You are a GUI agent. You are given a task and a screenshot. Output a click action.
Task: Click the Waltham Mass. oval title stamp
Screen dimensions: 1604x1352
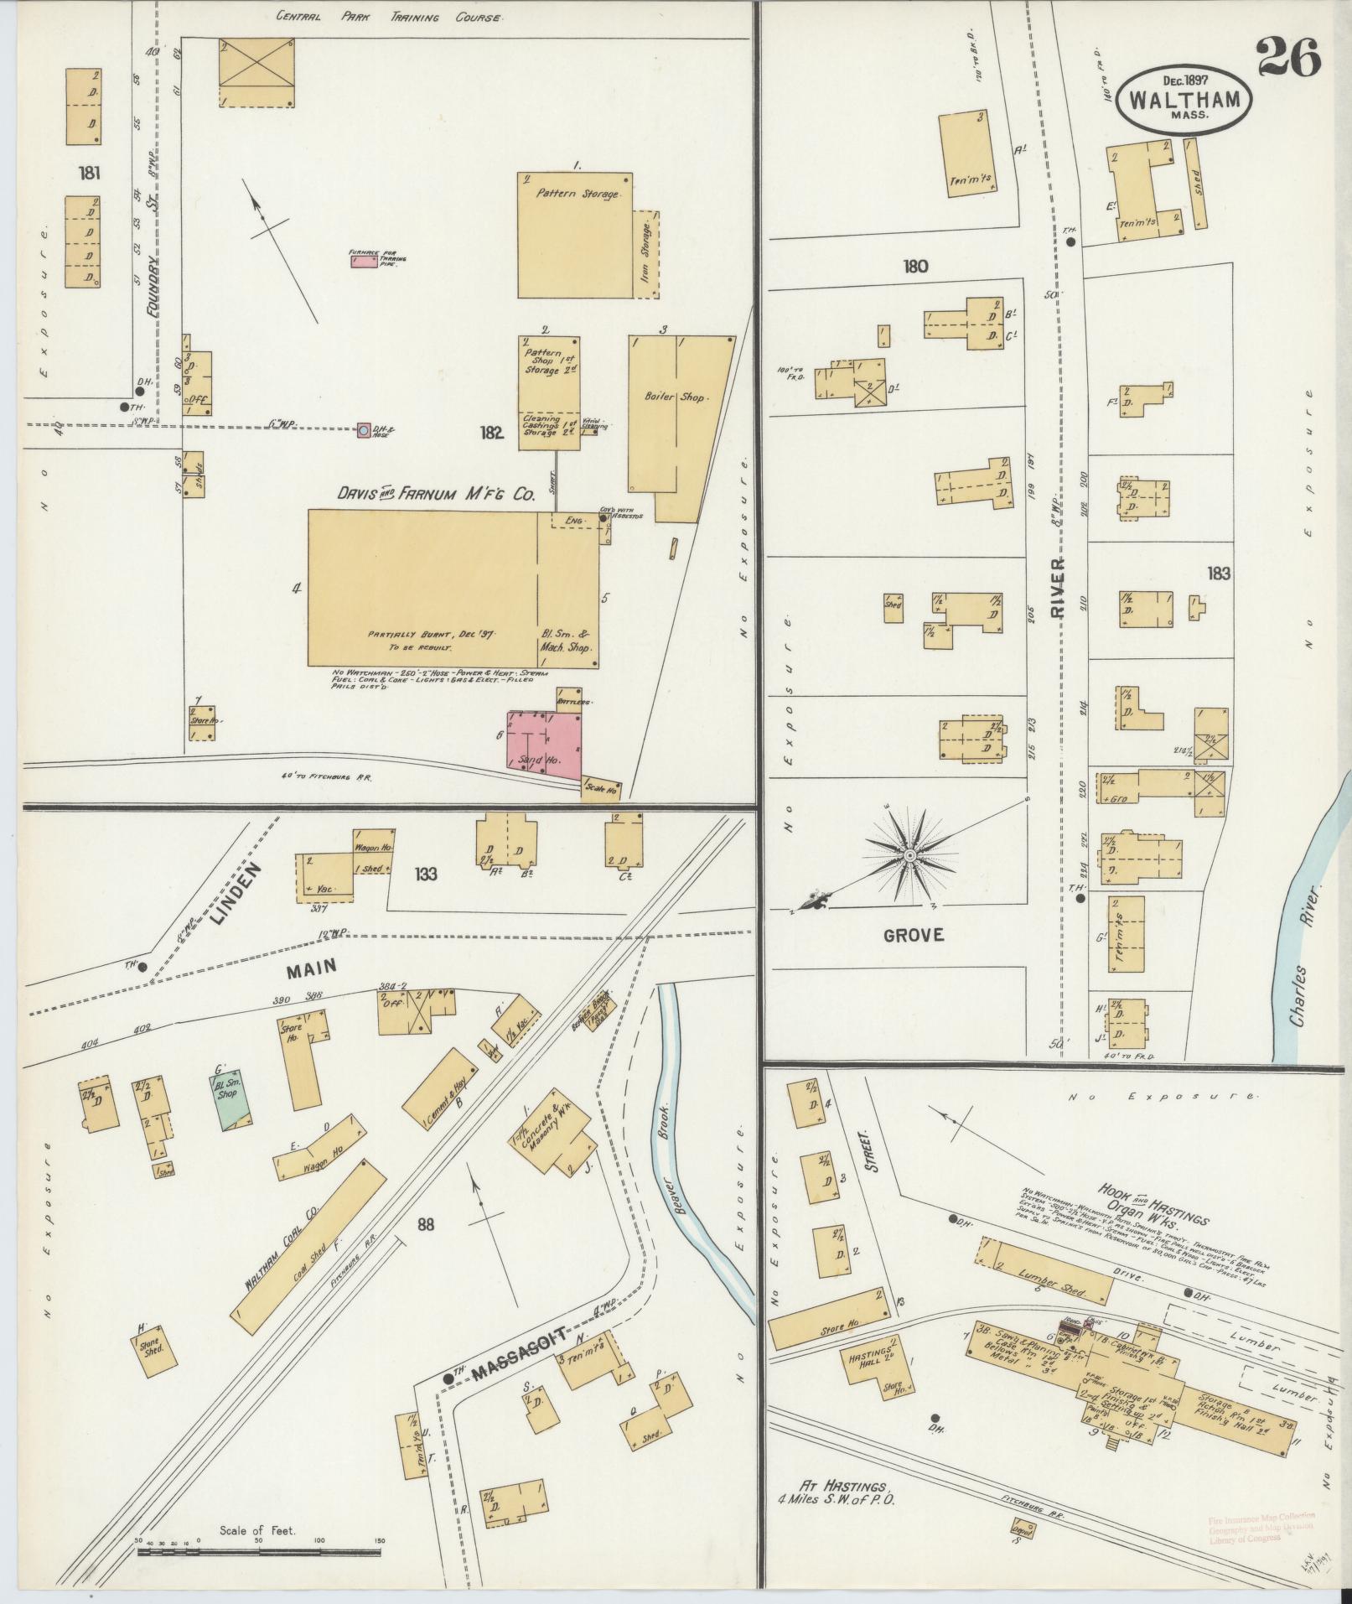coord(1184,99)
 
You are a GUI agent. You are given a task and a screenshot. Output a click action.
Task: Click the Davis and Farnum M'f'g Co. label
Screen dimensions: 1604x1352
coord(436,496)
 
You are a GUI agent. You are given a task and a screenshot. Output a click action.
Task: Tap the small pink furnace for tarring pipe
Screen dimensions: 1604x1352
coord(364,262)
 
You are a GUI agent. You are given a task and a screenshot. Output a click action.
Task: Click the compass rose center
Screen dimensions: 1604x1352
coord(909,855)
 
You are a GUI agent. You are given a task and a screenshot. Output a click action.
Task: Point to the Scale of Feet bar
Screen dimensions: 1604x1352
coord(259,1551)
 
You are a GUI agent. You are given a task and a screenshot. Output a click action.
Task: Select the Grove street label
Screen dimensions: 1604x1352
coord(913,934)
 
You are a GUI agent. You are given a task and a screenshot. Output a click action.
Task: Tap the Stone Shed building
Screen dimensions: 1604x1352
coord(156,1350)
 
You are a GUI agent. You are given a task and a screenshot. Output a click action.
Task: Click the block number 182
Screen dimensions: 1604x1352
coord(490,433)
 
